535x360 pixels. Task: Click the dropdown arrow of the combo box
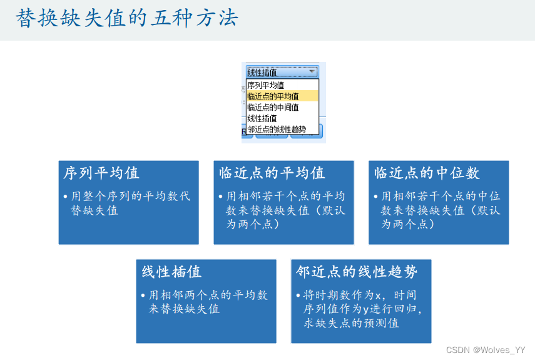[312, 71]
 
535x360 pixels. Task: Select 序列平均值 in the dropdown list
[266, 85]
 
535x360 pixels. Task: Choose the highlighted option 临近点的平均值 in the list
[273, 96]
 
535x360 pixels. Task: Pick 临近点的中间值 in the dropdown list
[273, 107]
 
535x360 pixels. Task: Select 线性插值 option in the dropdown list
[262, 118]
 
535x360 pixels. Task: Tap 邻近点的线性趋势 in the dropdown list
[277, 129]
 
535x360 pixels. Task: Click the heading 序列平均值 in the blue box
[101, 173]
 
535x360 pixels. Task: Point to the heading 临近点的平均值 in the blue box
[272, 173]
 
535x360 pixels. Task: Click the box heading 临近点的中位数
[427, 173]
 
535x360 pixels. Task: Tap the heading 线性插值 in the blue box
[171, 272]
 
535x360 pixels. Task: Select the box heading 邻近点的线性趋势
[357, 272]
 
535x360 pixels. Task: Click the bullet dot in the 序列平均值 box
[66, 197]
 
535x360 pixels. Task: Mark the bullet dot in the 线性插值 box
[143, 295]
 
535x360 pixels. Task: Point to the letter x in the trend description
[378, 295]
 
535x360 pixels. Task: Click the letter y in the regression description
[366, 309]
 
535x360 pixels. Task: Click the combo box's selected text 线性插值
[263, 71]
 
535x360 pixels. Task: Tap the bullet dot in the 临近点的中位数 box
[376, 197]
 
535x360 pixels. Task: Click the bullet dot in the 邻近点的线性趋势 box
[298, 295]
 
